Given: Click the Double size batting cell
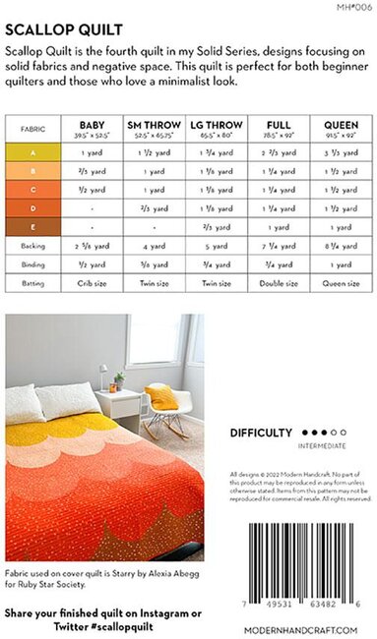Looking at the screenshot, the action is pos(280,282).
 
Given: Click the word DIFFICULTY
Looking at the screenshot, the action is pos(261,432).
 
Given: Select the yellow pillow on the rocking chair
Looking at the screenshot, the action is pos(163,394).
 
